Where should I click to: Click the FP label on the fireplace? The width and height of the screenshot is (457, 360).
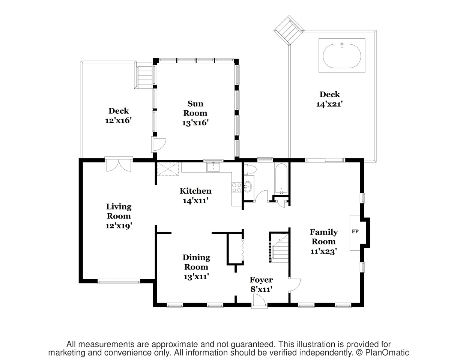click(355, 231)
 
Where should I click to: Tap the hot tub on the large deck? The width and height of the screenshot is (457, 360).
click(342, 56)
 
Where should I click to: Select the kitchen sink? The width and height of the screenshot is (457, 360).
click(213, 167)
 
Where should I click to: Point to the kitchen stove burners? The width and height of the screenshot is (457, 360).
click(237, 188)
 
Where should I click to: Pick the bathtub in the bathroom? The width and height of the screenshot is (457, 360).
click(281, 179)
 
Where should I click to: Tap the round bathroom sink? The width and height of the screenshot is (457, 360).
click(247, 187)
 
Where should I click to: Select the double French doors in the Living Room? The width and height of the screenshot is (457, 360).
click(119, 164)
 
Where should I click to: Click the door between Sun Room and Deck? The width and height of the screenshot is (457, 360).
click(158, 145)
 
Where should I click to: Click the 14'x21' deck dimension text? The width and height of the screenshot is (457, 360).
click(329, 104)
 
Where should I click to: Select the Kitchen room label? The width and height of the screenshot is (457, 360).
click(195, 191)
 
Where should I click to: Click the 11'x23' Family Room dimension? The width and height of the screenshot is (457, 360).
click(324, 251)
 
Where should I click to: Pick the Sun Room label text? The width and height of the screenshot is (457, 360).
click(195, 108)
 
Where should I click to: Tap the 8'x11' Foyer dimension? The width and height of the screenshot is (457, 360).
click(261, 289)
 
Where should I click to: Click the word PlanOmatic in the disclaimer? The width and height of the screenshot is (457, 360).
click(387, 352)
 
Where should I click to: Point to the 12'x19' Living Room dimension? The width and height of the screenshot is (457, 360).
click(119, 226)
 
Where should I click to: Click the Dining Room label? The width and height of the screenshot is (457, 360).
click(197, 262)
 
